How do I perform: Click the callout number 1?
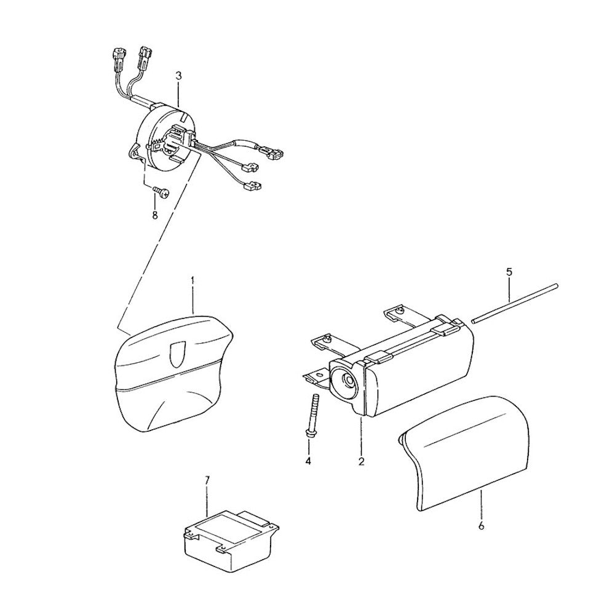tap(192, 281)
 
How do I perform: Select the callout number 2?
tap(361, 461)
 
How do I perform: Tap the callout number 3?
tap(179, 76)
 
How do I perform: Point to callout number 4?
tap(308, 461)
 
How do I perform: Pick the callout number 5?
tap(509, 272)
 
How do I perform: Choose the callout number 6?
tap(482, 526)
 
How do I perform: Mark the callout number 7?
tap(207, 480)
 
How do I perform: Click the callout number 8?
tap(155, 215)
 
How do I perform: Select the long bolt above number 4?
tap(312, 415)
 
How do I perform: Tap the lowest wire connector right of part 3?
tap(253, 186)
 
